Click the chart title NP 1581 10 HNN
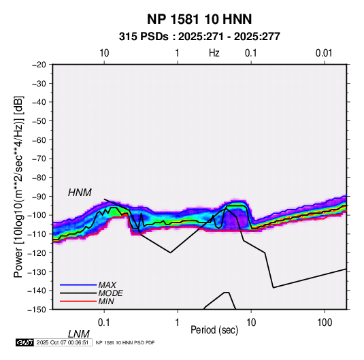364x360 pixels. (x=199, y=19)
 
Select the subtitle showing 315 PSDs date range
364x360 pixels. (x=199, y=37)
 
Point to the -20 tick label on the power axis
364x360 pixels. (x=39, y=65)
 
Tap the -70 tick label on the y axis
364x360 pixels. (x=39, y=159)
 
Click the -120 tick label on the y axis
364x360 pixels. (x=37, y=253)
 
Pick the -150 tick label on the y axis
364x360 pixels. (x=37, y=310)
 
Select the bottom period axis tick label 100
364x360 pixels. (x=325, y=323)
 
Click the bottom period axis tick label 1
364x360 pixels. (x=178, y=323)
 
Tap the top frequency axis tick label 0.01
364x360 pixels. (x=324, y=53)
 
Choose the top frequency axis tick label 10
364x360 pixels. (x=104, y=53)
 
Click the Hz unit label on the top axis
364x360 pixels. (x=214, y=53)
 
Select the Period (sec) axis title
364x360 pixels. (x=214, y=330)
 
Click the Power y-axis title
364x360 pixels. (x=18, y=186)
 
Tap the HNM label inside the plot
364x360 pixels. (x=80, y=193)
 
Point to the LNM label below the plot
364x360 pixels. (x=79, y=334)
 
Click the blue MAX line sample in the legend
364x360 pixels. (x=78, y=285)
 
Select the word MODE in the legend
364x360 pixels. (x=110, y=293)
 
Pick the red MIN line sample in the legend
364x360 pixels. (x=78, y=301)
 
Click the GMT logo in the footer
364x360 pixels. (x=24, y=342)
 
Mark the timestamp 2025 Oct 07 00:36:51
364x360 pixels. (x=63, y=342)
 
